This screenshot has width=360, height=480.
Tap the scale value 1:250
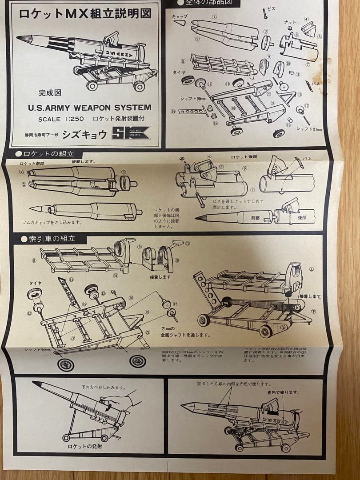coord(75,119)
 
